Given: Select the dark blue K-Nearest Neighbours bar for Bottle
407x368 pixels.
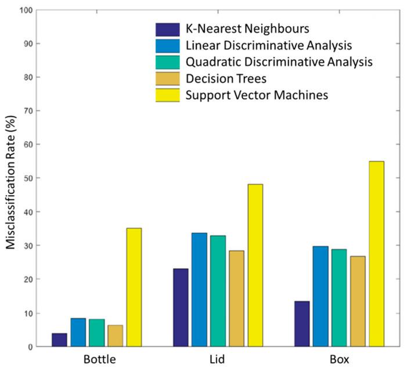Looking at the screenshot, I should (x=59, y=340).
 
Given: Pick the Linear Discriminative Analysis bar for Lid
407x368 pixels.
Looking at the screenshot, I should (x=199, y=290).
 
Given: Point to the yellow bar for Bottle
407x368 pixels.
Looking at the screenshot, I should (x=134, y=287).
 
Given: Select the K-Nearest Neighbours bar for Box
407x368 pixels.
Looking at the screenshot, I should (x=302, y=323).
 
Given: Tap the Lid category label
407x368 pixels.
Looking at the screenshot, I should (x=218, y=359).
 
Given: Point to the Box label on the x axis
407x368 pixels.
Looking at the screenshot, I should (x=339, y=359).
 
